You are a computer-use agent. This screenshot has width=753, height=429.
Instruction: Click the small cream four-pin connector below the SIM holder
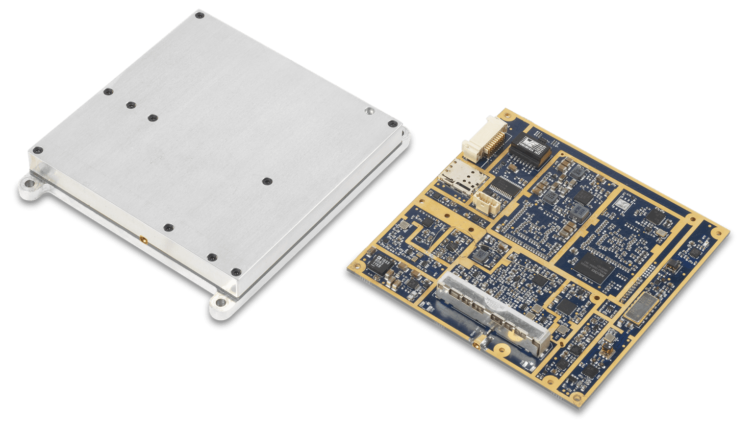pyautogui.click(x=485, y=201)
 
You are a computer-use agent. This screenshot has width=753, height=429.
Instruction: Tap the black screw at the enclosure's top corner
pyautogui.click(x=199, y=16)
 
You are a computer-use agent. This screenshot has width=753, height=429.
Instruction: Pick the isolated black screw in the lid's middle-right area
pyautogui.click(x=267, y=182)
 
